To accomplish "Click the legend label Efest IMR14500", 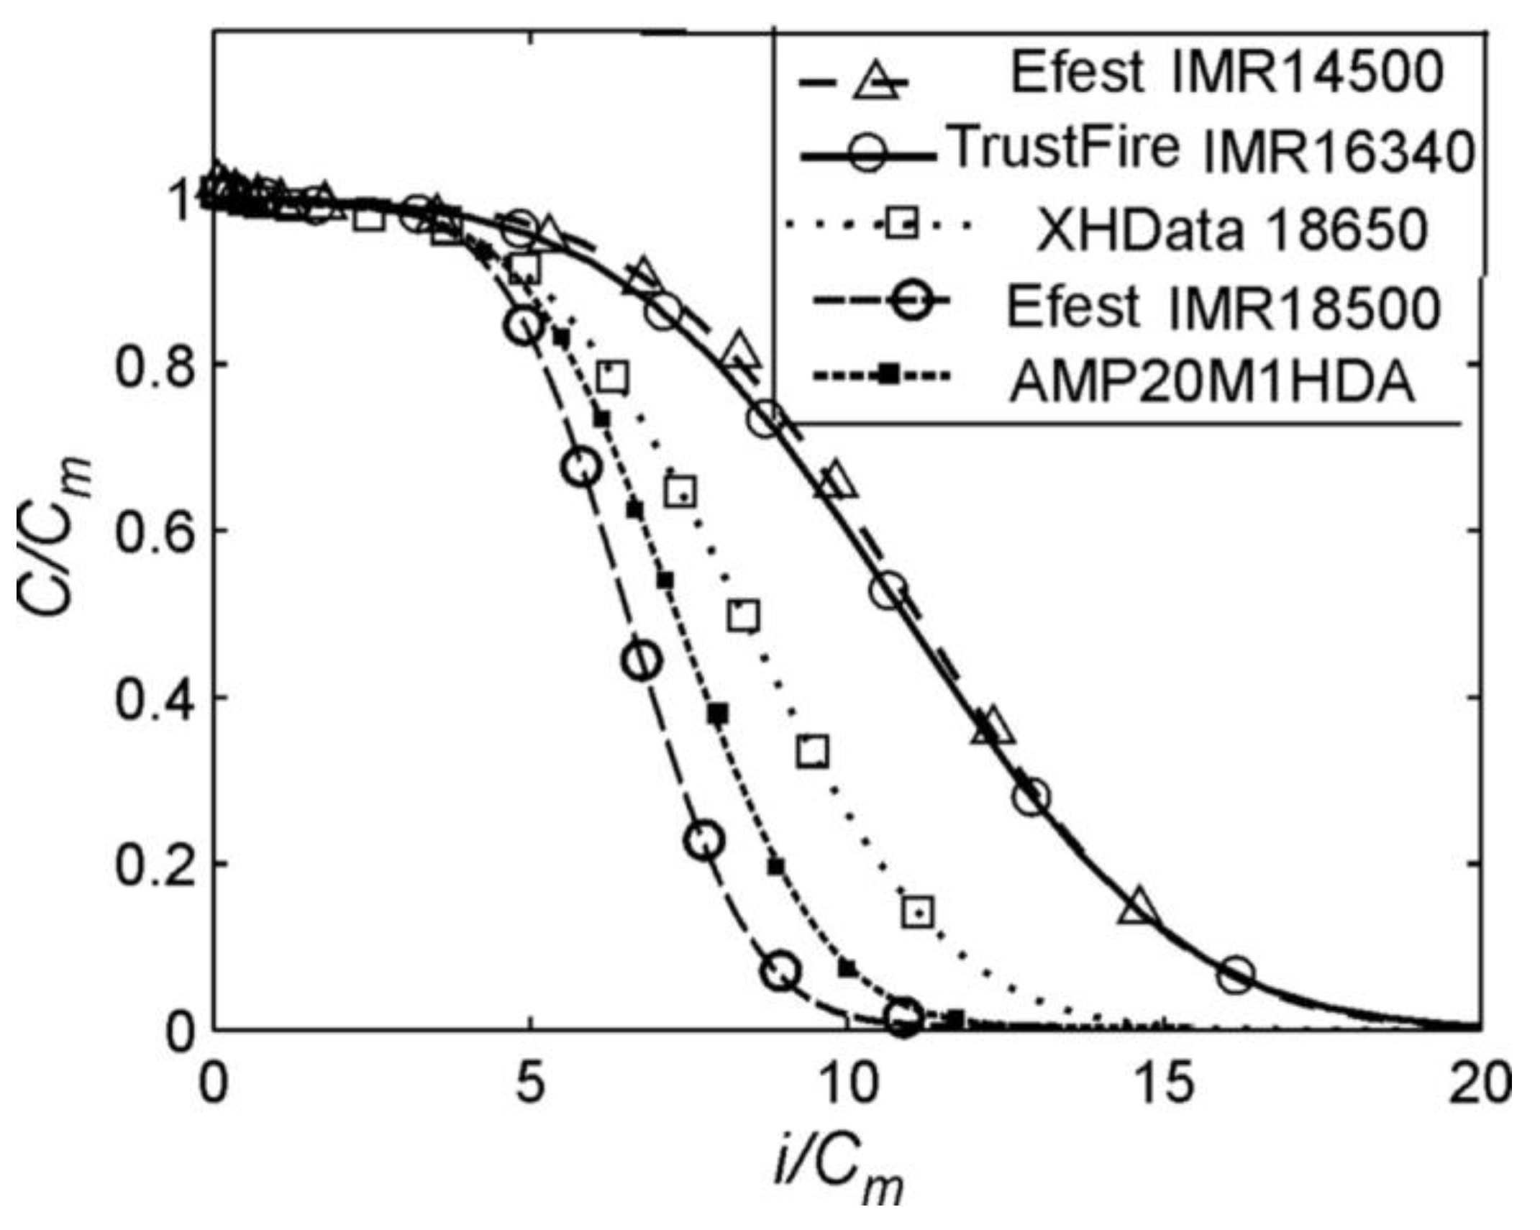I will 1226,73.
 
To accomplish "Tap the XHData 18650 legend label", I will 1231,231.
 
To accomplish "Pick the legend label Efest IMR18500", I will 1223,307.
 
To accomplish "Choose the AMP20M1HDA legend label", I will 1211,383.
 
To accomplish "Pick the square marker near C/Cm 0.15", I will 917,912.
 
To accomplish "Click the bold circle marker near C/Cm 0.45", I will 642,660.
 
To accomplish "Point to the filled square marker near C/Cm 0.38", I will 718,714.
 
